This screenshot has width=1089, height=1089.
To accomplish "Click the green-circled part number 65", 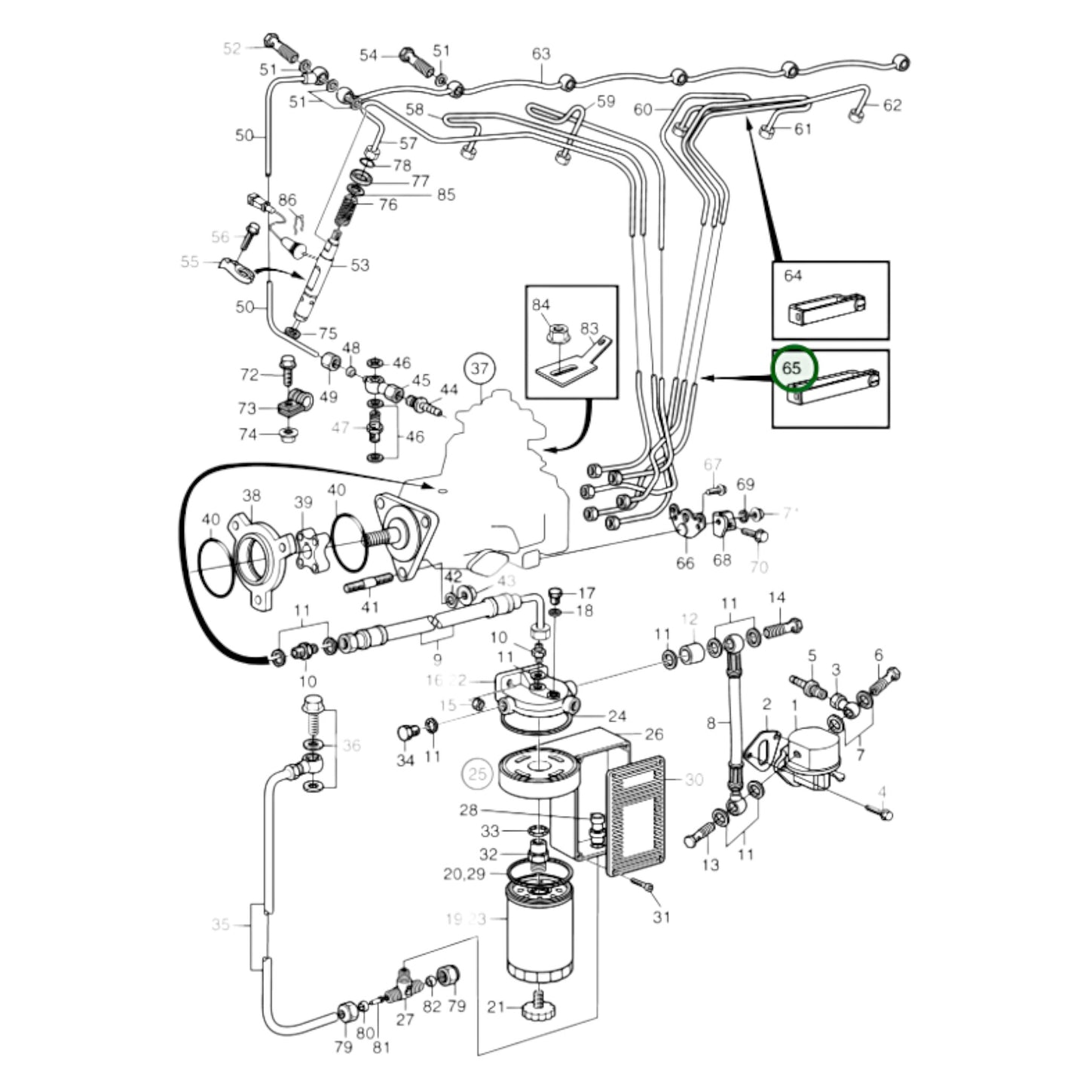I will [791, 369].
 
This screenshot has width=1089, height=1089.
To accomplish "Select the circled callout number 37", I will [480, 369].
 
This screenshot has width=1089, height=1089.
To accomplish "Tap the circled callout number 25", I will [477, 773].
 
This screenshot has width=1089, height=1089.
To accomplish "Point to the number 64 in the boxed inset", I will [793, 276].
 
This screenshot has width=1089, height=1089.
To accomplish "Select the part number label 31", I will [661, 916].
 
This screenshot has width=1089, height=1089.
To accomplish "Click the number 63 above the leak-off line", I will [541, 54].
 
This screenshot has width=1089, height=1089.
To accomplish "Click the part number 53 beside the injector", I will [359, 265].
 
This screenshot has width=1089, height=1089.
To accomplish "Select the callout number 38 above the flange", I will [251, 495].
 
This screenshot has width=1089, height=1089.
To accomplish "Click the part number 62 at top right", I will [892, 105].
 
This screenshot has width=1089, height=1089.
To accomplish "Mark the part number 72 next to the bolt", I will [249, 375].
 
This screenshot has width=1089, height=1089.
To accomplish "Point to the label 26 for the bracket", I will [653, 733].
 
